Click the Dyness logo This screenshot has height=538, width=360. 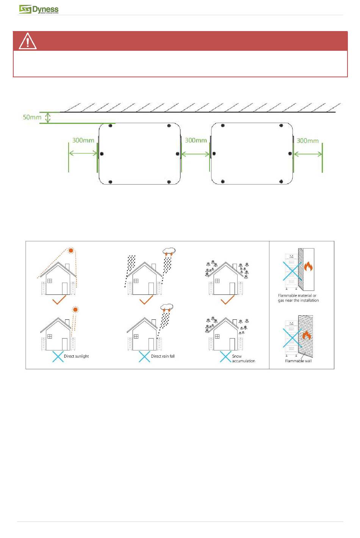(39, 9)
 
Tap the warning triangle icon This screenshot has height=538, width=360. (28, 41)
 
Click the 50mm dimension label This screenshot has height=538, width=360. (32, 117)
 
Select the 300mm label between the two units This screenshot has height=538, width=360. (196, 140)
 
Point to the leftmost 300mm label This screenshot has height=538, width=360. (83, 140)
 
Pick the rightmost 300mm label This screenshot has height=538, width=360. (308, 141)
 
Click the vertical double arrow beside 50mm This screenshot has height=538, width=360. (48, 117)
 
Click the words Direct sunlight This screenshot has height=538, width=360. (76, 356)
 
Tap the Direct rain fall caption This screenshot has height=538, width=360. (163, 356)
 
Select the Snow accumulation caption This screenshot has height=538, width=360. (243, 358)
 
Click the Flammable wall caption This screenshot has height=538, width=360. (298, 361)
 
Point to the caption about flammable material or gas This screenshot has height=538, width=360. (298, 298)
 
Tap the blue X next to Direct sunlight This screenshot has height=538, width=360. (58, 357)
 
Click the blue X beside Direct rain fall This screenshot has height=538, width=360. (144, 357)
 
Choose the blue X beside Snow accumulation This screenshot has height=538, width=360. (225, 357)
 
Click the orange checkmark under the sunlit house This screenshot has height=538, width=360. (59, 300)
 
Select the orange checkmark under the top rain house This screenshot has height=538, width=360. (146, 300)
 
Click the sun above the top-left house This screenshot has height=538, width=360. (70, 251)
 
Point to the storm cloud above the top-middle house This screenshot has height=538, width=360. (169, 251)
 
